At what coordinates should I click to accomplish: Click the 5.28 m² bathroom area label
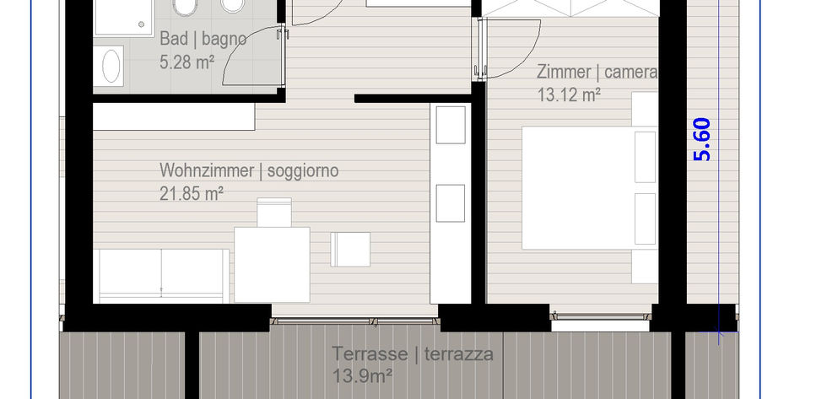click(x=186, y=62)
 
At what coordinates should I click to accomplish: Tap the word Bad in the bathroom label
click(x=174, y=39)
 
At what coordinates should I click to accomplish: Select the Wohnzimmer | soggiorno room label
click(x=249, y=170)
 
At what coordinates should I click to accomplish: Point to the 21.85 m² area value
click(x=192, y=193)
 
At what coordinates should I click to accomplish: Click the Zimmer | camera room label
click(x=597, y=72)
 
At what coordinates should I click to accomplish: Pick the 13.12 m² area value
click(x=569, y=95)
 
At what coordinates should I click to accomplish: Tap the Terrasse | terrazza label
click(x=413, y=353)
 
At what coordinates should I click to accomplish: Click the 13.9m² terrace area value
click(x=362, y=376)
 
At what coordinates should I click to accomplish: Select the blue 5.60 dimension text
click(x=702, y=140)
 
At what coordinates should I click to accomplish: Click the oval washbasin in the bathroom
click(x=111, y=66)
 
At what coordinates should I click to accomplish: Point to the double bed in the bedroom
click(x=589, y=187)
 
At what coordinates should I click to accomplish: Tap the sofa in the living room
click(x=161, y=276)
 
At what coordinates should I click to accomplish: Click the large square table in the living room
click(x=272, y=265)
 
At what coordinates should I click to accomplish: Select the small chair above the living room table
click(x=274, y=213)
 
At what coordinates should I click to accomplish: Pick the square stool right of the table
click(x=350, y=250)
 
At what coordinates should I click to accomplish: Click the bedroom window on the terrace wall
click(x=601, y=316)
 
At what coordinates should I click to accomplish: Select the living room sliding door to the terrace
click(x=354, y=321)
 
